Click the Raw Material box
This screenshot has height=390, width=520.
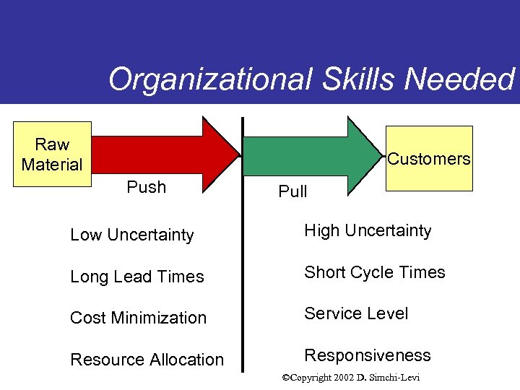pyautogui.click(x=53, y=155)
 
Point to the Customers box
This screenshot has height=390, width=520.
pyautogui.click(x=429, y=158)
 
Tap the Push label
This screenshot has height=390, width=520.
pyautogui.click(x=146, y=187)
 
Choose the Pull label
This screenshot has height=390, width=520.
pyautogui.click(x=292, y=191)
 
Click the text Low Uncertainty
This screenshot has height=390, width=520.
pyautogui.click(x=132, y=235)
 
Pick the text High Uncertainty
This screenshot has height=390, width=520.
pyautogui.click(x=368, y=230)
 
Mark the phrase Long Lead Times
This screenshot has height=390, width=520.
pyautogui.click(x=137, y=277)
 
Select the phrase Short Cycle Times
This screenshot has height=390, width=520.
pyautogui.click(x=375, y=272)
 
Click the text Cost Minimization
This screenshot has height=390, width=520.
pyautogui.click(x=138, y=318)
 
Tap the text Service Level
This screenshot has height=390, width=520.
pyautogui.click(x=356, y=313)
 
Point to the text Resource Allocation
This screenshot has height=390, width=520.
pyautogui.click(x=147, y=360)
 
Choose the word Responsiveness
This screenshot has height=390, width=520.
pyautogui.click(x=367, y=355)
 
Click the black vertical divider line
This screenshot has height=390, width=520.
pyautogui.click(x=242, y=246)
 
